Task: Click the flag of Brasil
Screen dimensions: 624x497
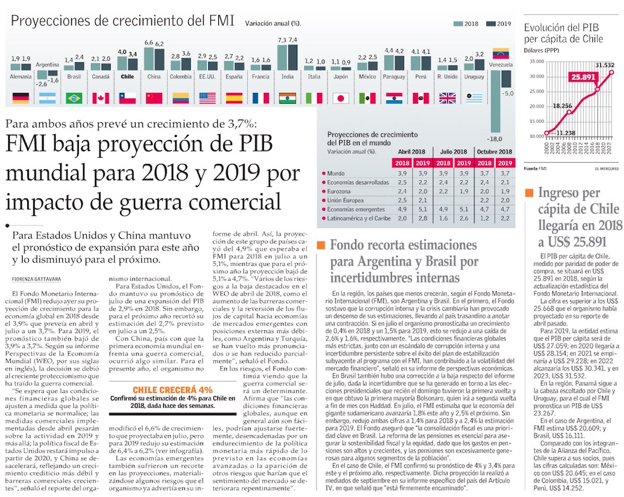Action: pos(74,98)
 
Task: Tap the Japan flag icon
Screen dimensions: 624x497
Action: pos(341,98)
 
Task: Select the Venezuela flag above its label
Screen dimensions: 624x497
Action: pos(501,53)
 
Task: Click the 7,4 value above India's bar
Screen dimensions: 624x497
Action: pos(293,40)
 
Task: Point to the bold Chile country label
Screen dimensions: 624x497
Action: pos(127,77)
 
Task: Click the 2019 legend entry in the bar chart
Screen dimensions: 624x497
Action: pos(499,23)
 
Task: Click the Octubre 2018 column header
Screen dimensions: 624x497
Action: pos(494,151)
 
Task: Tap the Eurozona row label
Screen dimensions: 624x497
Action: pos(339,191)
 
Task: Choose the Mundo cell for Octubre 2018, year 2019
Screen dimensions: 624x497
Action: pos(505,173)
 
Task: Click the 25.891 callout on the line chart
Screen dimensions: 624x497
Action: pos(583,77)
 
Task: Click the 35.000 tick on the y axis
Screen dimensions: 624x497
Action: pos(537,62)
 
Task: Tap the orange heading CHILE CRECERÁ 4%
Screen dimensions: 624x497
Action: pos(172,390)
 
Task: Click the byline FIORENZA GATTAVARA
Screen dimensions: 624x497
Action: pos(37,279)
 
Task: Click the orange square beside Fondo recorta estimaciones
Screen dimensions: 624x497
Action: pos(321,245)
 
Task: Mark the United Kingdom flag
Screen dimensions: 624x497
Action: pos(448,98)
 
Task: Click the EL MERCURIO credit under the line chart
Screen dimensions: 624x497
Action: pos(607,168)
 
